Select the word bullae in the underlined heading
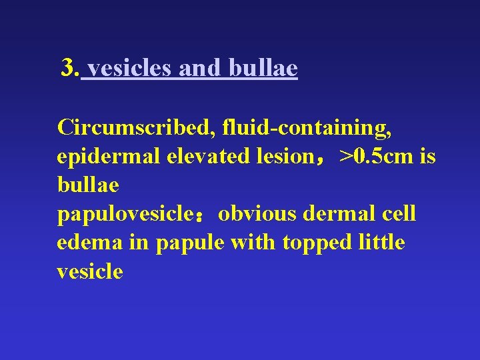[x=263, y=68]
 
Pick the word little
[x=379, y=243]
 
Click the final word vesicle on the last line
[x=90, y=272]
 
